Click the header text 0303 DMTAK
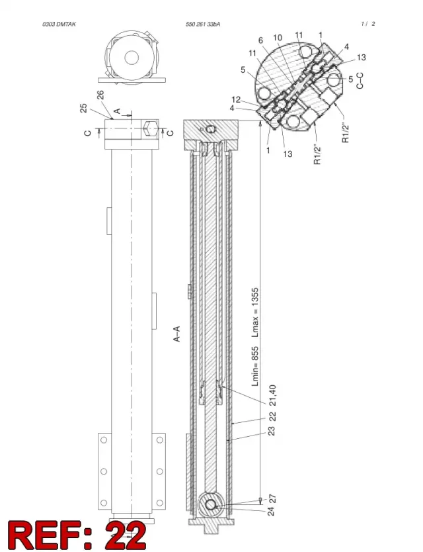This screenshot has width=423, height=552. (x=59, y=24)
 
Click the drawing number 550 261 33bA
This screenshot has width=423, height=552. (x=203, y=24)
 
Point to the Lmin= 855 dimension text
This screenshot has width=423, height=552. (x=255, y=366)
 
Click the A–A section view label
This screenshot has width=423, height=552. (x=177, y=334)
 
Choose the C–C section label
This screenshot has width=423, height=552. (x=360, y=81)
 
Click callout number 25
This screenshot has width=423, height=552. (x=84, y=108)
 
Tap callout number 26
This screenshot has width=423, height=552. (x=100, y=95)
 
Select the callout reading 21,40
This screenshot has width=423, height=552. (x=272, y=395)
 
